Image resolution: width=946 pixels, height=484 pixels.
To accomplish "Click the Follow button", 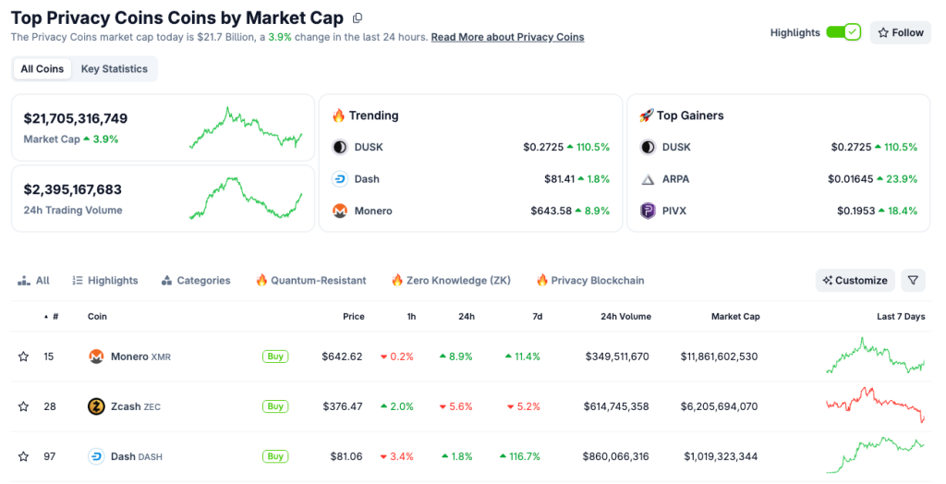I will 900,32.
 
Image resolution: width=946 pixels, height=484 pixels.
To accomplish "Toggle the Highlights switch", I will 843,32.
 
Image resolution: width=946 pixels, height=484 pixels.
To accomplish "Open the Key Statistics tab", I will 114,69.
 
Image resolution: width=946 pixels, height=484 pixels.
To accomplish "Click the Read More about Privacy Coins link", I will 507,37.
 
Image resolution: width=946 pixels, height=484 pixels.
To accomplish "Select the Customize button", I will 855,281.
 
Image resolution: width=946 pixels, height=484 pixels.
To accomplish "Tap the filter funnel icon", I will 912,281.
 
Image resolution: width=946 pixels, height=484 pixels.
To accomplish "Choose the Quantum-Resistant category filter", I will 310,281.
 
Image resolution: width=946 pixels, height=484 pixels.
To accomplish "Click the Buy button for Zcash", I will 274,406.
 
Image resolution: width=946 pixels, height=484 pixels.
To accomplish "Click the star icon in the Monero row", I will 23,357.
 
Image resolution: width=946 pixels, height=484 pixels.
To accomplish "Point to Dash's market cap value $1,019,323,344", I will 721,456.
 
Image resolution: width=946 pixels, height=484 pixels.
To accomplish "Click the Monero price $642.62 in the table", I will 342,357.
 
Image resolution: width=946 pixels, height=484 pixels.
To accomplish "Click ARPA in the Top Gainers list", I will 675,179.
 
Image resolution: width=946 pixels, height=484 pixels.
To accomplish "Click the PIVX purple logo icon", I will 648,212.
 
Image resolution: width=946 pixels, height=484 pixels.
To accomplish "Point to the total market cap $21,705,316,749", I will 76,118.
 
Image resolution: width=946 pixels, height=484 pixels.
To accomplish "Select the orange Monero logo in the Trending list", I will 340,212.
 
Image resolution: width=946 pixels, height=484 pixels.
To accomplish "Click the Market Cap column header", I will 734,317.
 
